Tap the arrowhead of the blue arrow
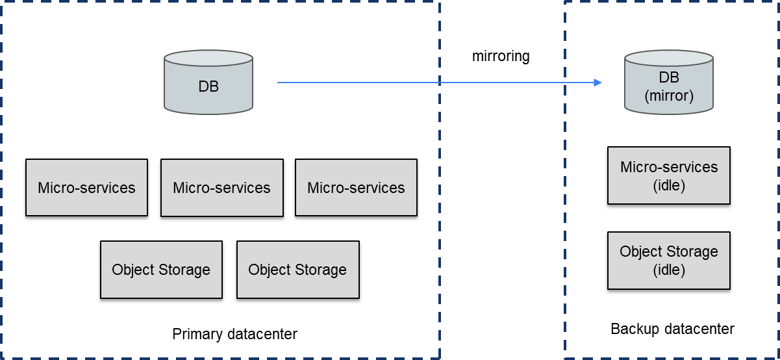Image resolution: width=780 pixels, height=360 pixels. click(598, 83)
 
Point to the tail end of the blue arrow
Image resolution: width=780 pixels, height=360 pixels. click(279, 83)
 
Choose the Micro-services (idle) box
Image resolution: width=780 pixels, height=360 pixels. click(668, 175)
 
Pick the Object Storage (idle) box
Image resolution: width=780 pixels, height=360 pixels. click(668, 260)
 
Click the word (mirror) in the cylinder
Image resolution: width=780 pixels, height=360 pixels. click(668, 96)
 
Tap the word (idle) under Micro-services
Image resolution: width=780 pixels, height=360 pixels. click(668, 185)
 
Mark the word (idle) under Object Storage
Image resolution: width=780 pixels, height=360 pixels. click(668, 270)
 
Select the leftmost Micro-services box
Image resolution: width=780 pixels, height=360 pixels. click(86, 188)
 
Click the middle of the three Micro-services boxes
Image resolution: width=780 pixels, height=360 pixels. click(221, 188)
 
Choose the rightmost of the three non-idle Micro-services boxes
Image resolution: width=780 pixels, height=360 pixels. click(356, 188)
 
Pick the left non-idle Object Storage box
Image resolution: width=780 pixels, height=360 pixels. click(161, 270)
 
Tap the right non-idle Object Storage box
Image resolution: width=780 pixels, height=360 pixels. click(297, 270)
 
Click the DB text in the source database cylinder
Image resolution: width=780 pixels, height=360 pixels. click(208, 86)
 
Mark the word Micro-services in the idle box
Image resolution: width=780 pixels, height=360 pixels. click(668, 167)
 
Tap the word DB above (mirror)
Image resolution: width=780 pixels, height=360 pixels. click(668, 78)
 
